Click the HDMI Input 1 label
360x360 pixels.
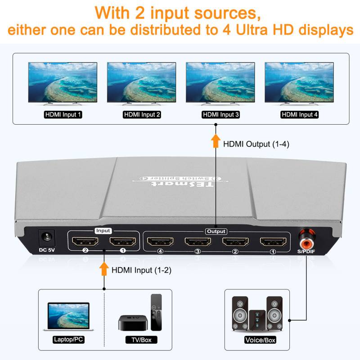[x=63, y=115]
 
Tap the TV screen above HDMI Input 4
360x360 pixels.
[x=299, y=83]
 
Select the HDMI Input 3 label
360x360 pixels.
[x=221, y=115]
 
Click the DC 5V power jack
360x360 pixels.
[x=46, y=237]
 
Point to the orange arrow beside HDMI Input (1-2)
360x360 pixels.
[x=104, y=270]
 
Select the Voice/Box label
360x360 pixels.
[x=260, y=340]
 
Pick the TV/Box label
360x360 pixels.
[x=140, y=340]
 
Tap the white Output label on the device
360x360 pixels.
[x=216, y=231]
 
